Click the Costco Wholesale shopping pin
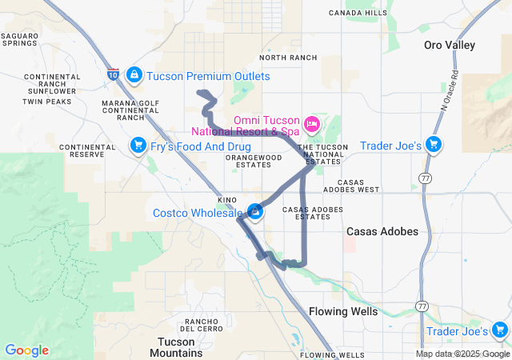coord(255,211)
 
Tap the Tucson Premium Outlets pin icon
coord(134,75)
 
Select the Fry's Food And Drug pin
coord(138,145)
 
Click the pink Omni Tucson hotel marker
coord(312,124)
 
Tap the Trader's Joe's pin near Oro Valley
coord(433,144)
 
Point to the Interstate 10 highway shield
coord(112,74)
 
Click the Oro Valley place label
coord(450,46)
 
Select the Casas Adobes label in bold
coord(382,231)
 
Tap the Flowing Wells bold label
coord(342,311)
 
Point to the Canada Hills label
coord(358,13)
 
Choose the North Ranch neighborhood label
coord(288,58)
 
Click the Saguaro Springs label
coord(19,39)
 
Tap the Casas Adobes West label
coord(352,186)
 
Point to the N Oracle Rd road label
coord(450,89)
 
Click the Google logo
coord(26,350)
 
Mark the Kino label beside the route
coord(226,199)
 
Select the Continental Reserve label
coord(87,150)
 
